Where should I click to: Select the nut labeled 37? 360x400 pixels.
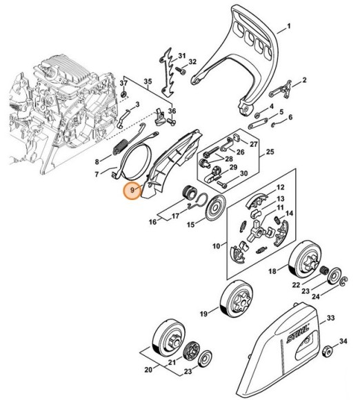tap(124, 94)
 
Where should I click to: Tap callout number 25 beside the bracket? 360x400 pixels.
tap(270, 151)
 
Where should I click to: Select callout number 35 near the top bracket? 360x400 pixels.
tap(147, 81)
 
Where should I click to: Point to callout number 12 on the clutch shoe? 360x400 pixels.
tap(281, 187)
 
